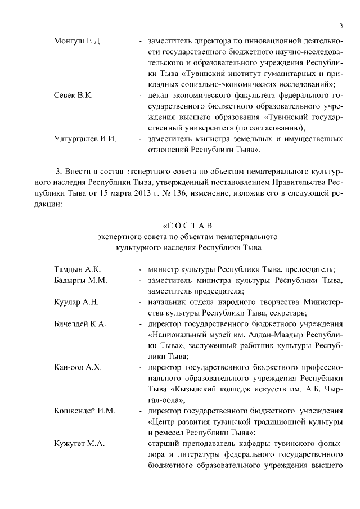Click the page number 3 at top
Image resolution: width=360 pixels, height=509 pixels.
(341, 25)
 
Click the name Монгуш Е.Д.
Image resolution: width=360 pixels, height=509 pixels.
(78, 42)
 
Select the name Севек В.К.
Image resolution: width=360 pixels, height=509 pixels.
(73, 96)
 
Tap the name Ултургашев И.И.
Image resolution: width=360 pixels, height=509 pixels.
(84, 138)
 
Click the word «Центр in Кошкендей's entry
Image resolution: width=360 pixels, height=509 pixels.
(163, 422)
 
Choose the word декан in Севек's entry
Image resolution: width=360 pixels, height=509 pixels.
(160, 96)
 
